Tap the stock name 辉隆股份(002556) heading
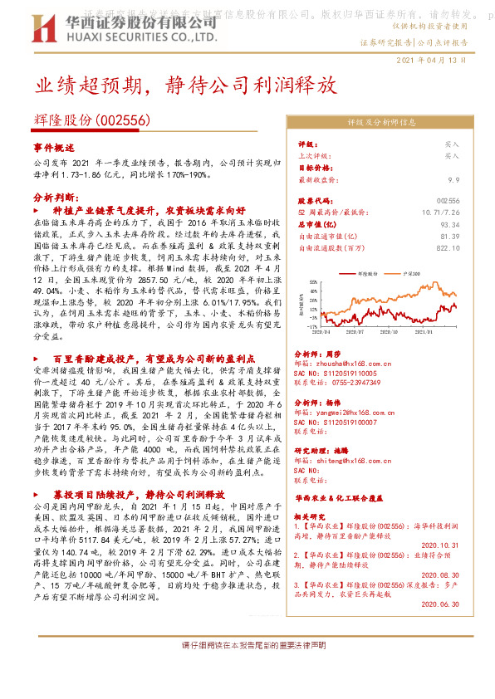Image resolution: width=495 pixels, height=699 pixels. (x=92, y=120)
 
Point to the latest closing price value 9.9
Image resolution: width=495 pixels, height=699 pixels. (x=453, y=178)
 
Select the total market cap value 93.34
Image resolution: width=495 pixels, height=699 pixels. (x=449, y=224)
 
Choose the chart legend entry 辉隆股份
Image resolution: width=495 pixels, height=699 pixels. (x=369, y=272)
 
